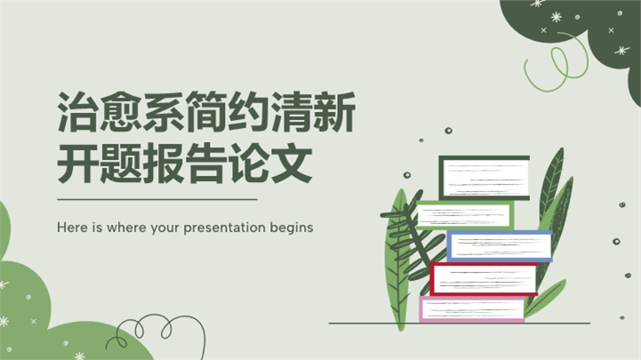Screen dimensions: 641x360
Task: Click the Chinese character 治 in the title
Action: [x=78, y=112]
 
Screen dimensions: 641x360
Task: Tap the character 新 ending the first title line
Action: [x=335, y=112]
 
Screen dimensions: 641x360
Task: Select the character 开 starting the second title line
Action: [x=78, y=163]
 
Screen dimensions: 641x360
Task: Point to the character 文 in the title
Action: [x=292, y=163]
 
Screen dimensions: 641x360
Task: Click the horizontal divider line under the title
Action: [x=157, y=199]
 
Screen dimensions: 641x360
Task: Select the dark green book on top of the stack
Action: [x=485, y=178]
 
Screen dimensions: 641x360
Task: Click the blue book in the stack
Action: [x=500, y=246]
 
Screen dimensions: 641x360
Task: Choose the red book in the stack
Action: [x=484, y=279]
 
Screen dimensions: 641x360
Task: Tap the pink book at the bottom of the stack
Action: [x=472, y=309]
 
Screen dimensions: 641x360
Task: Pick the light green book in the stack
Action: [x=465, y=215]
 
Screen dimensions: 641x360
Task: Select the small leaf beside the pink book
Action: [x=546, y=299]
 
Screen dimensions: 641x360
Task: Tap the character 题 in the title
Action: [x=121, y=163]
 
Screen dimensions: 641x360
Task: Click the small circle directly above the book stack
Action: [x=448, y=131]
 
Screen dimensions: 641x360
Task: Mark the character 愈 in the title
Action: [x=121, y=112]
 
